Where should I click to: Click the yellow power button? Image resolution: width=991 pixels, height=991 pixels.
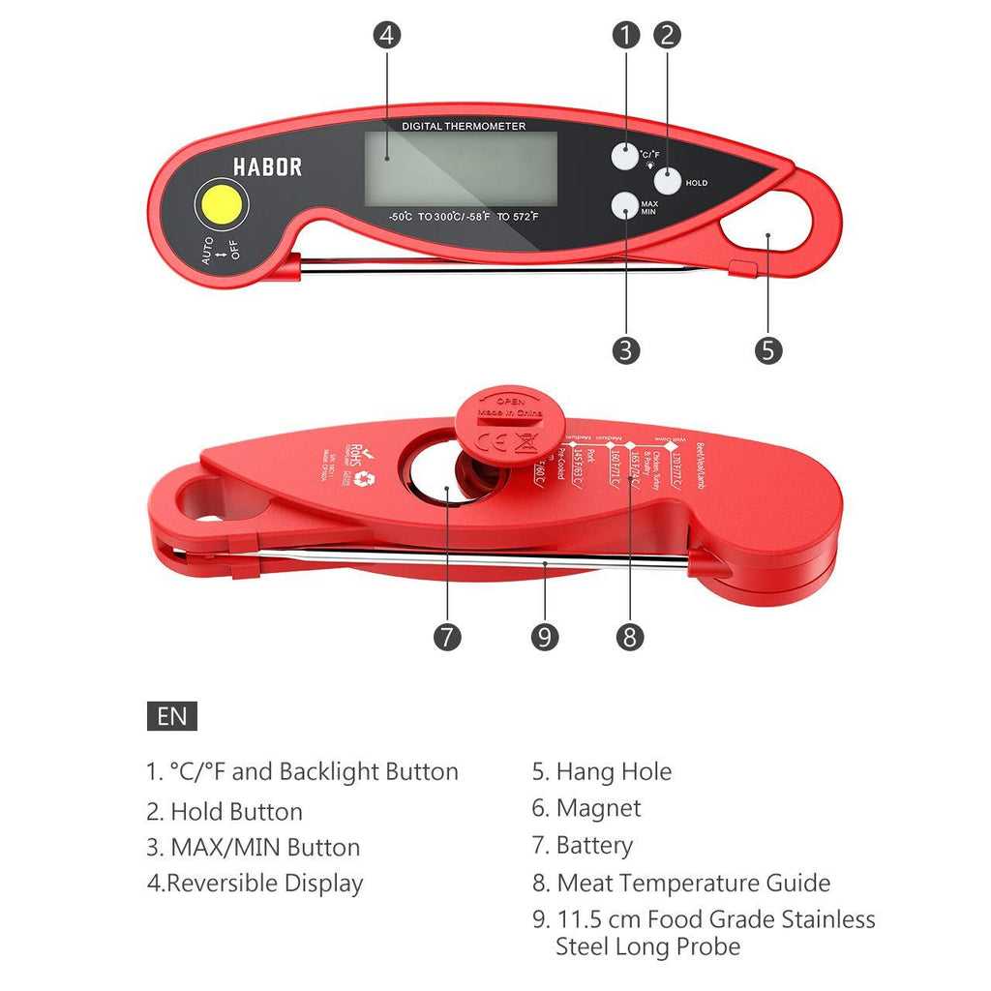(221, 204)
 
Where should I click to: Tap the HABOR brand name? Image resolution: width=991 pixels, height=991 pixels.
(267, 166)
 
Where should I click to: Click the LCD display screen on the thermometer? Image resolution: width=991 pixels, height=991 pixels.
(461, 168)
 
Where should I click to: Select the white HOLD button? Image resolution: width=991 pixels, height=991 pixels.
(669, 180)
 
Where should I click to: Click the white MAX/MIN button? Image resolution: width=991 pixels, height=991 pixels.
(624, 206)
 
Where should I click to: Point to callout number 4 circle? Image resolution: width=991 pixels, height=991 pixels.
(387, 35)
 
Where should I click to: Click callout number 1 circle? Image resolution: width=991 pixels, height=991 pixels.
(626, 35)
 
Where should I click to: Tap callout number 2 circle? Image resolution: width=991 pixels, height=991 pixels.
(667, 35)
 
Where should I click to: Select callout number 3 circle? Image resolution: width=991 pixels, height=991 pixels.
(626, 349)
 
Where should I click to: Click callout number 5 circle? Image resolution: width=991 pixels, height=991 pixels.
(768, 349)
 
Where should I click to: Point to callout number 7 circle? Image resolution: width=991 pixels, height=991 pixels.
(446, 637)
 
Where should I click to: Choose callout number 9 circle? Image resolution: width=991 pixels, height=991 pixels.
(545, 637)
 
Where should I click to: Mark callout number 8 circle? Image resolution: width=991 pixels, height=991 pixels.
(629, 637)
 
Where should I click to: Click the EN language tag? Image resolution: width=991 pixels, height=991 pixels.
(172, 716)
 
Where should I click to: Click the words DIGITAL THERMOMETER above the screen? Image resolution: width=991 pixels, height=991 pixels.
(465, 126)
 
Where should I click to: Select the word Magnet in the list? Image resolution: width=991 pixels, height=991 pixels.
(598, 808)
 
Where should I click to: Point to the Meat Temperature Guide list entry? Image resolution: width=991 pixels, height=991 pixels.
(693, 883)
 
